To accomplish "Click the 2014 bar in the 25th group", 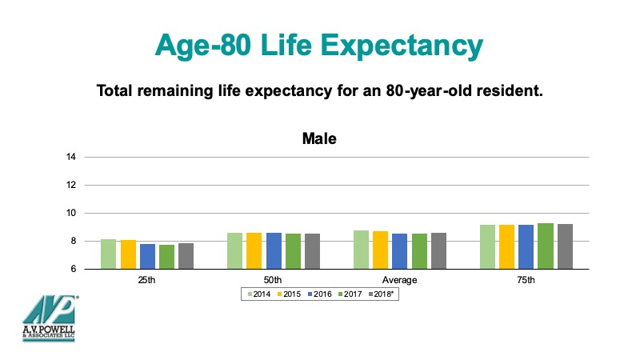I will [x=108, y=254].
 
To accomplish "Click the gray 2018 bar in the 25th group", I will [x=186, y=256].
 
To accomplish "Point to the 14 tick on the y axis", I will [x=71, y=157].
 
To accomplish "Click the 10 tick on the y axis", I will [x=71, y=213].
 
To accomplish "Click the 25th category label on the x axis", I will [x=147, y=281].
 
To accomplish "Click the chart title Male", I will [x=319, y=138].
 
